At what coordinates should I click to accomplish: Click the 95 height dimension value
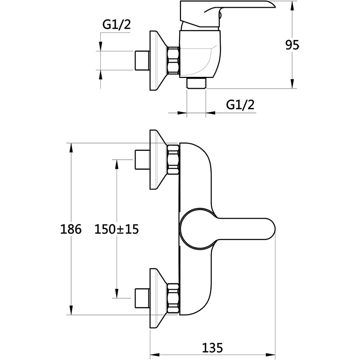pos(292,45)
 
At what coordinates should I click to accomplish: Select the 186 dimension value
pos(71,229)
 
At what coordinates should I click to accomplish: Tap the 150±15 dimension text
pos(116,229)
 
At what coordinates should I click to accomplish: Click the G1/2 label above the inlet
pos(116,25)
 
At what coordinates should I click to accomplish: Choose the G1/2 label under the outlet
pos(240,105)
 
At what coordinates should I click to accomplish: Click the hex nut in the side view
pos(173,61)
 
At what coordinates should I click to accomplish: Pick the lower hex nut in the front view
pos(173,298)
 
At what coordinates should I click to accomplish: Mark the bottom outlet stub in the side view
pos(196,83)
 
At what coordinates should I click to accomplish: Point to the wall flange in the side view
pos(157,61)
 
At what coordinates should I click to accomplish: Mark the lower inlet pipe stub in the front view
pos(142,298)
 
